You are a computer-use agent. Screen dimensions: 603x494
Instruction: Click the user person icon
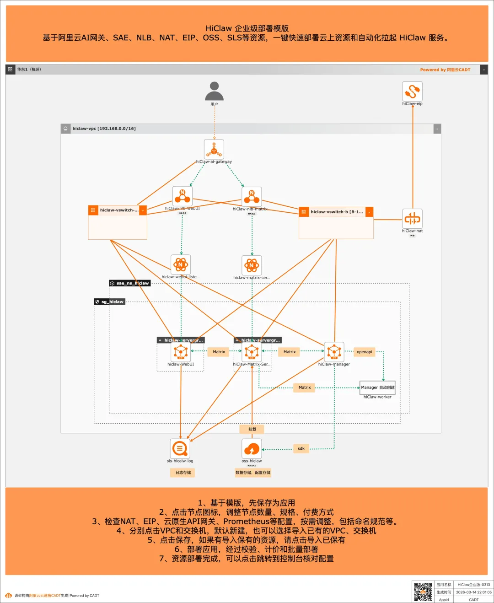click(214, 91)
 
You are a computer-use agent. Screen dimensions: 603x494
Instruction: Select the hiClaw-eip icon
click(412, 91)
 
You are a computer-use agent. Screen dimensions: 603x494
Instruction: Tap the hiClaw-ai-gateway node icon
click(214, 149)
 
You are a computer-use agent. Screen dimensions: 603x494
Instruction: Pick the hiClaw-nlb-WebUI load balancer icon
click(182, 196)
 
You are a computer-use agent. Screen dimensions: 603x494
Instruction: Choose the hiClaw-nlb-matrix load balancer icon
click(252, 197)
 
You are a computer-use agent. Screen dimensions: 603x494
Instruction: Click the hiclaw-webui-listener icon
click(181, 264)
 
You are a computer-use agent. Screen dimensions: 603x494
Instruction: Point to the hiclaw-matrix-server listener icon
click(252, 265)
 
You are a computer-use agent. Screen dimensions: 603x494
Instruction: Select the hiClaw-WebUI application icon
click(181, 352)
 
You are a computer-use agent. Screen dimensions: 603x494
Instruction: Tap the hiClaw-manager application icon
click(334, 352)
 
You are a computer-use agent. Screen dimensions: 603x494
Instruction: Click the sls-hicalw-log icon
click(180, 449)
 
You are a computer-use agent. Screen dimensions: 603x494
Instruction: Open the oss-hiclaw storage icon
click(252, 449)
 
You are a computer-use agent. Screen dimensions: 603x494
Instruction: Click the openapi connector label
click(364, 352)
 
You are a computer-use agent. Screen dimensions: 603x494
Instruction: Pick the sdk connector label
click(301, 449)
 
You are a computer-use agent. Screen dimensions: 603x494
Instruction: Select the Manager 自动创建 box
click(377, 388)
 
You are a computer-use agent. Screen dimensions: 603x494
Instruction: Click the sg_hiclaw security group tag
click(110, 302)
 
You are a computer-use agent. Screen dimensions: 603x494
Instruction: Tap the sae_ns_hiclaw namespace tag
click(130, 283)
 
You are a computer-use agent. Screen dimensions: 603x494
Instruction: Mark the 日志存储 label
click(183, 473)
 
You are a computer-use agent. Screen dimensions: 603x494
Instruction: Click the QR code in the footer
click(423, 592)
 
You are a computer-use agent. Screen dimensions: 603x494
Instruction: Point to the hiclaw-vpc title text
click(104, 129)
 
